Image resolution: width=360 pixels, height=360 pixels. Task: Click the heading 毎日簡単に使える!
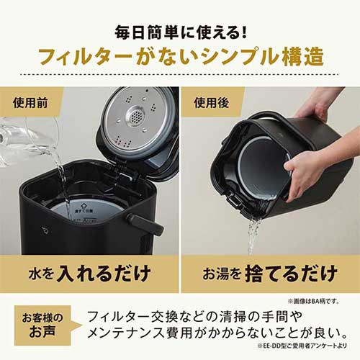click(x=179, y=32)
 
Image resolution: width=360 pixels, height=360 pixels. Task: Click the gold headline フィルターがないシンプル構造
click(x=179, y=58)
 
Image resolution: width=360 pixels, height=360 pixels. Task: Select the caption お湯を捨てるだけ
click(x=269, y=273)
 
